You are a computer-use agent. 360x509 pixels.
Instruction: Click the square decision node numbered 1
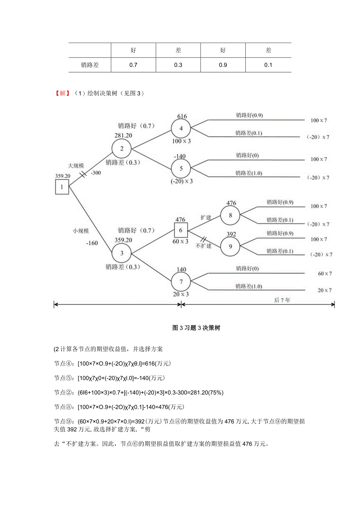coord(61,187)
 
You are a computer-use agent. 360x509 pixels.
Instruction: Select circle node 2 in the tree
coord(121,148)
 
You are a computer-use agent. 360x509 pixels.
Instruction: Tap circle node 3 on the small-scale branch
coord(121,253)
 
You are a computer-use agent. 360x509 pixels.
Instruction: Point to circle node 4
coord(181,128)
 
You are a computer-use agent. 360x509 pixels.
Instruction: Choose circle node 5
coord(181,169)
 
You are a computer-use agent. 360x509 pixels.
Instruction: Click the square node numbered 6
coord(181,230)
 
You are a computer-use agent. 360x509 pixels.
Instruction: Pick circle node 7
coord(181,282)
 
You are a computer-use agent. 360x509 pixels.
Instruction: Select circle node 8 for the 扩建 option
coord(230,215)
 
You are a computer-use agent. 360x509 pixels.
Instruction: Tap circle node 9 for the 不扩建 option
coord(230,246)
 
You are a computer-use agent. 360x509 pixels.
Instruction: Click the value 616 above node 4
coord(182,116)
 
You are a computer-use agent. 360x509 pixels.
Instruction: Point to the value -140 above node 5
coord(180,156)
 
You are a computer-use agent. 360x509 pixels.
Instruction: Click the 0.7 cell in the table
coord(133,65)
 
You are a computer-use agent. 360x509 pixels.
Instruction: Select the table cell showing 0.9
coord(223,65)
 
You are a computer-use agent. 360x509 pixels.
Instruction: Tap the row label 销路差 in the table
coord(90,65)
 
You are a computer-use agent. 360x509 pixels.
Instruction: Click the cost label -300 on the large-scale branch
coord(95,173)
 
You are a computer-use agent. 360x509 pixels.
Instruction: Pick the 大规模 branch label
coord(76,165)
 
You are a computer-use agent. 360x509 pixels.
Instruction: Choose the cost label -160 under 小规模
coord(92,243)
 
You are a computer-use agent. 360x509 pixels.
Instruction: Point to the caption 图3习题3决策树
coord(196,328)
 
